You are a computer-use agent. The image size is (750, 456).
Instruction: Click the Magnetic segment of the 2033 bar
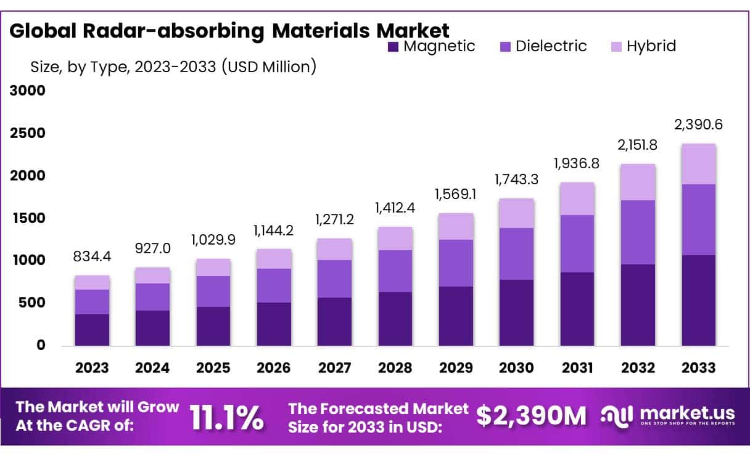698,300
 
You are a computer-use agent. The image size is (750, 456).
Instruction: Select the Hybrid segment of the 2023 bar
92,283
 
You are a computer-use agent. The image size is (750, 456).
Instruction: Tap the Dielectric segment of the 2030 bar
516,254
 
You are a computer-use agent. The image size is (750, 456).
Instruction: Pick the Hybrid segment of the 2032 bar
638,182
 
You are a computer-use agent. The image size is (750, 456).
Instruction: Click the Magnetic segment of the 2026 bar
274,324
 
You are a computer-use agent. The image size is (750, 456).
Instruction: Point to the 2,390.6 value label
698,125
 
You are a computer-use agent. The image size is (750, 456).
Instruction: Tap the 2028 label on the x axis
395,368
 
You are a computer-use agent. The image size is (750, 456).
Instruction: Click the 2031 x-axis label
577,368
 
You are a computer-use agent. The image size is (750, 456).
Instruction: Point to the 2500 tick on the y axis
28,134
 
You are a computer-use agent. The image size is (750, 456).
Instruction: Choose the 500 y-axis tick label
32,303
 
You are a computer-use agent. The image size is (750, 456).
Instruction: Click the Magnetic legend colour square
393,46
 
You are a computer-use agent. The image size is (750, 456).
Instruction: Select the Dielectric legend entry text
551,46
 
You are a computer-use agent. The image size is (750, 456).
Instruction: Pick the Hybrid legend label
651,46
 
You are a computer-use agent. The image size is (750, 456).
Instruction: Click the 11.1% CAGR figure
226,418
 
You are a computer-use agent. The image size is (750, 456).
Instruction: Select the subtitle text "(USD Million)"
266,67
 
